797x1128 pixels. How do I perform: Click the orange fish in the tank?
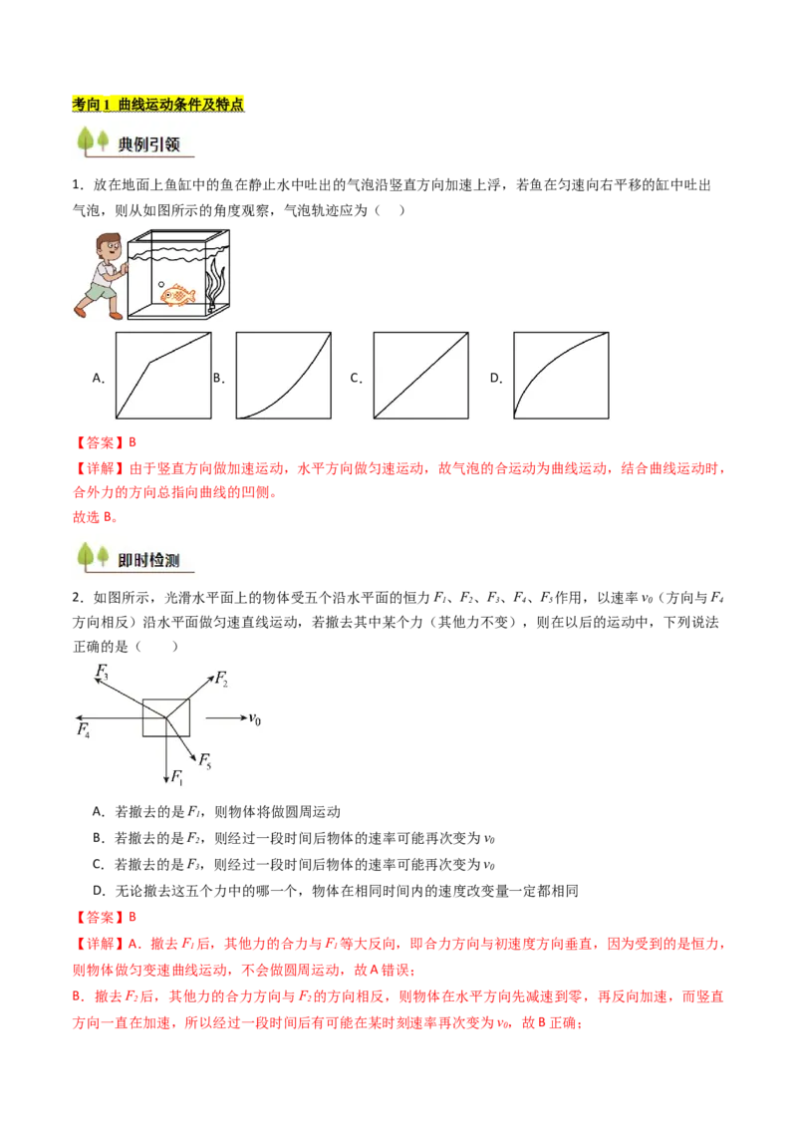coord(177,294)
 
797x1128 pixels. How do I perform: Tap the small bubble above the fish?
coord(161,285)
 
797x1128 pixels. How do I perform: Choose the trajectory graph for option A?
coord(163,376)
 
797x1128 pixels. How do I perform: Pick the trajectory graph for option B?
coord(283,376)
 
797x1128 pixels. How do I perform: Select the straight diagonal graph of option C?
coord(420,376)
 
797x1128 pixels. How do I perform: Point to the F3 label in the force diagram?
coord(103,672)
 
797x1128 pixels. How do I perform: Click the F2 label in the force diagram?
coord(221,679)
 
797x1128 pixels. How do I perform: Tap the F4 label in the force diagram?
coord(84,730)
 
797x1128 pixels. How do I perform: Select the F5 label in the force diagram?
coord(205,759)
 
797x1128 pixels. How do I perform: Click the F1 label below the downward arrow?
coord(177,777)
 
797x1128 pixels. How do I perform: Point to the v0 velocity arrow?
coord(226,717)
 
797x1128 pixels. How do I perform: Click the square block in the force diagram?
coord(166,717)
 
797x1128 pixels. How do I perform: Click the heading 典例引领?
coord(148,144)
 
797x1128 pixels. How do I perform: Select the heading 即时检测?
coord(148,560)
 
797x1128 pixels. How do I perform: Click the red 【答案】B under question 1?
coord(105,442)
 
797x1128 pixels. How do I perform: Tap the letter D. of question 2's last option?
coord(100,891)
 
